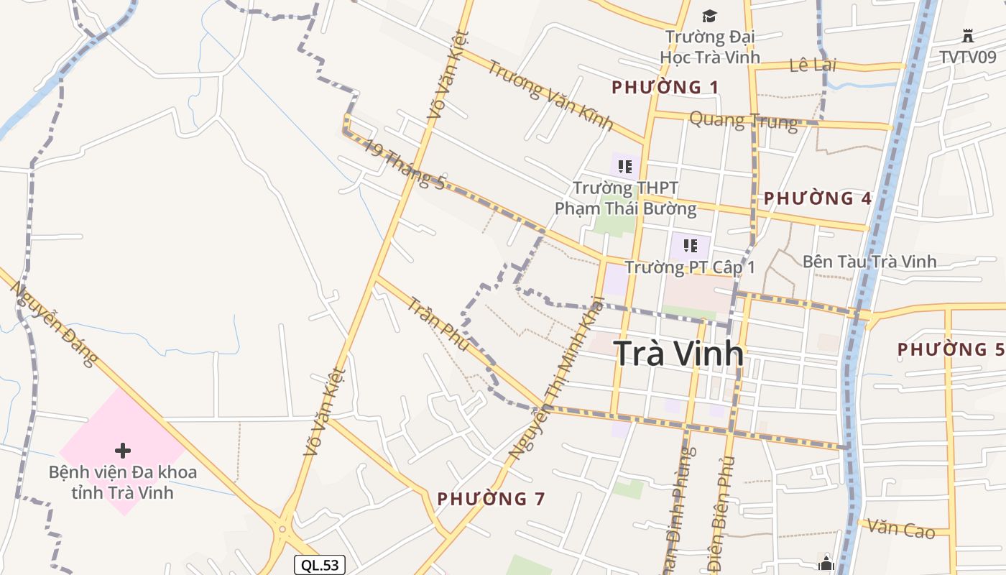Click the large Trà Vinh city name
click(678, 353)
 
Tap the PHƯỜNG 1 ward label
click(665, 88)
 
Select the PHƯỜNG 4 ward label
click(818, 198)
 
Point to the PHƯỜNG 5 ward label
click(951, 350)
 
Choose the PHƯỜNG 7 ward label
click(491, 498)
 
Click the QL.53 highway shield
click(320, 565)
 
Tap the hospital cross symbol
click(123, 451)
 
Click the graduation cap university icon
click(709, 16)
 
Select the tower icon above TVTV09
click(967, 35)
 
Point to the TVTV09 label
click(967, 57)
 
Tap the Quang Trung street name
click(743, 120)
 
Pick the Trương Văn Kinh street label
click(550, 96)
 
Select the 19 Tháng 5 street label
click(403, 164)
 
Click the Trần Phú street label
click(438, 324)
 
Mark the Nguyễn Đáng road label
click(53, 323)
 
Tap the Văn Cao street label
click(900, 529)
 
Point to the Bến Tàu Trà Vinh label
click(869, 262)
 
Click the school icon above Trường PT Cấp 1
click(691, 246)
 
